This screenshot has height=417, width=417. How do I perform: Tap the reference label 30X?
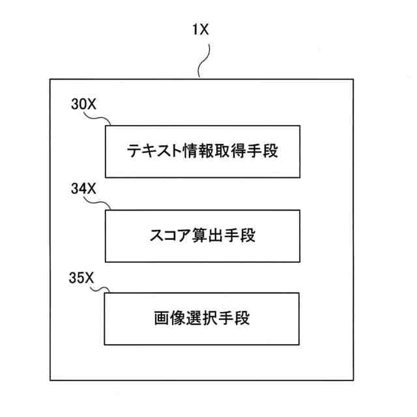(83, 104)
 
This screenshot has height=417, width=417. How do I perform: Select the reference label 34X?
(83, 190)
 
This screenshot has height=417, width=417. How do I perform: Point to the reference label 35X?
(83, 274)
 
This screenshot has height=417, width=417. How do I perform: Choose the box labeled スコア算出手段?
(202, 235)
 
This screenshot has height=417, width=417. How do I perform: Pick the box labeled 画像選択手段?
(202, 319)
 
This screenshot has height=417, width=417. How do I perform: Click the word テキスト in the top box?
(151, 152)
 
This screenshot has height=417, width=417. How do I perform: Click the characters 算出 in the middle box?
(205, 236)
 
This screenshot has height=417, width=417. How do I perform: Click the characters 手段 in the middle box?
(239, 236)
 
